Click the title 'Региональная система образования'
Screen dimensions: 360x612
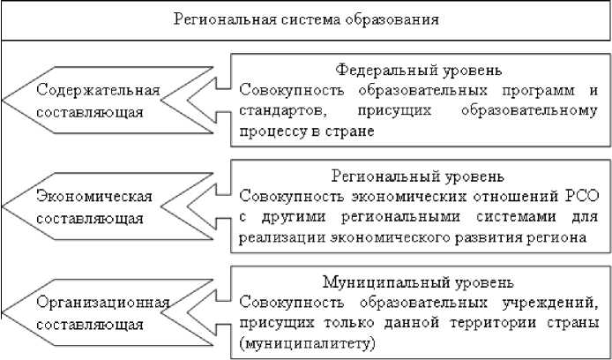(x=305, y=19)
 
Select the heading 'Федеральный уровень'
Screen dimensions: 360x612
(x=419, y=69)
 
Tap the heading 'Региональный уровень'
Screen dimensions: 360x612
(x=419, y=176)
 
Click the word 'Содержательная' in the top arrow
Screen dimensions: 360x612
(x=98, y=90)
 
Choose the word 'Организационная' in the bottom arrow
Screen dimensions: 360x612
(x=102, y=303)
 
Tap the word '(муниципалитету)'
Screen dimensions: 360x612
(x=296, y=341)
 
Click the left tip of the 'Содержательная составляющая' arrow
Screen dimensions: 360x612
(x=4, y=100)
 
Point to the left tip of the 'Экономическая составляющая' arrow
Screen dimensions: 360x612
(x=4, y=206)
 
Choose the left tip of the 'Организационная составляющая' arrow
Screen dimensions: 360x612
(x=4, y=313)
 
